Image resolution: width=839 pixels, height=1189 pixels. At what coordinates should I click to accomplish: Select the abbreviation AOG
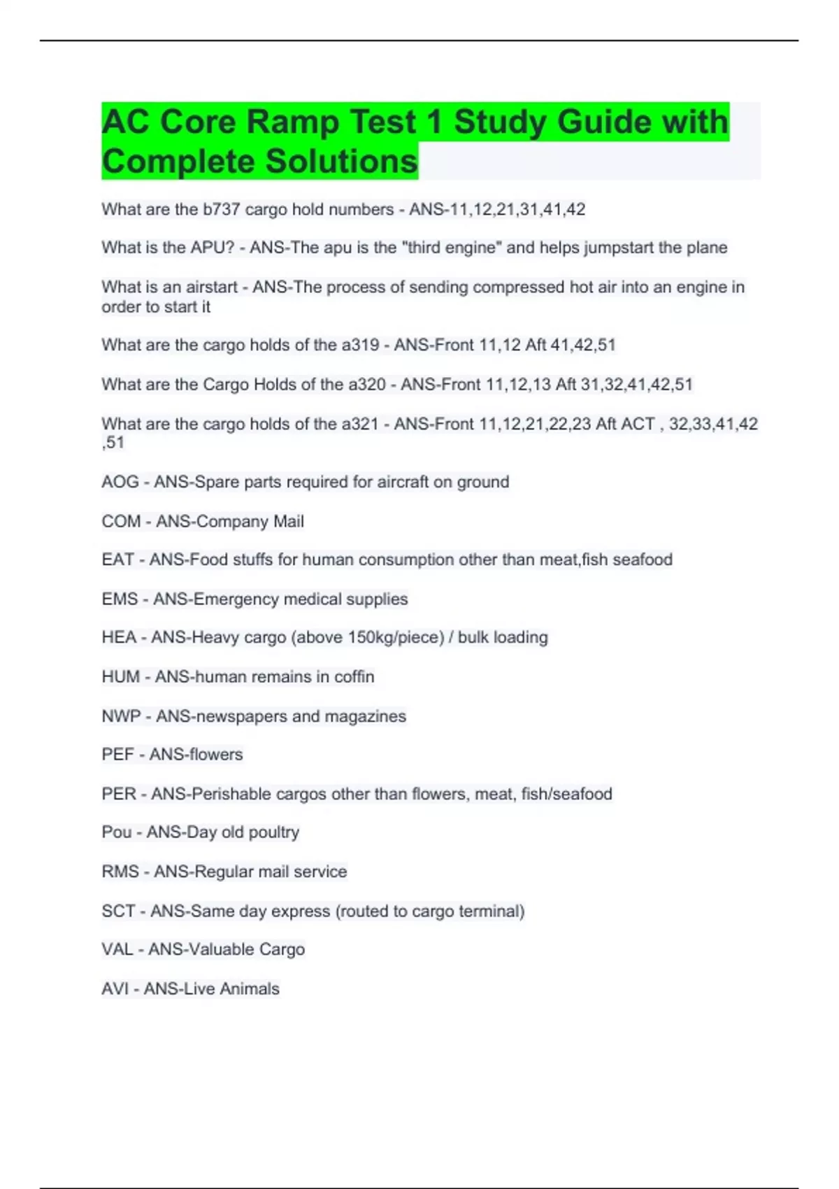[120, 482]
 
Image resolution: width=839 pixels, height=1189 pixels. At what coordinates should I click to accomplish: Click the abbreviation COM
[121, 521]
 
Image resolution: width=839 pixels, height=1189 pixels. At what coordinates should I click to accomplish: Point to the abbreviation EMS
[120, 599]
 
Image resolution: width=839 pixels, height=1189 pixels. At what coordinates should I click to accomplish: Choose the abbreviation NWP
[121, 716]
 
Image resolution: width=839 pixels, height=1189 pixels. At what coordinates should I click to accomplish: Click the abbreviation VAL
[117, 949]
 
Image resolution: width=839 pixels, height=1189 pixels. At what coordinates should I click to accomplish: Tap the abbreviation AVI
[115, 988]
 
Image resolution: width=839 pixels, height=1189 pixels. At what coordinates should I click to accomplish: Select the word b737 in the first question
[222, 209]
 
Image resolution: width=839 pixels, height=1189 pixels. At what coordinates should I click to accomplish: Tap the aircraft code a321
[360, 424]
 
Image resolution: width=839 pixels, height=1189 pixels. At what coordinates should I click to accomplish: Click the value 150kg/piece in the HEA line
[393, 637]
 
